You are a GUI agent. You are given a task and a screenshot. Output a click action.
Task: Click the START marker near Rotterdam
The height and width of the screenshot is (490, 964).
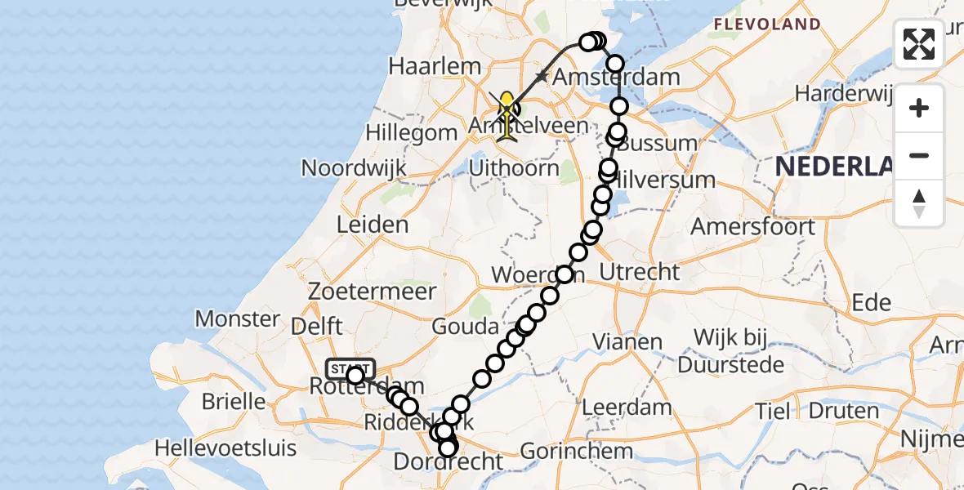350,369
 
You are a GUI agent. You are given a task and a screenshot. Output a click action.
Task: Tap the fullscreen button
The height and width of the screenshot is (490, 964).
919,44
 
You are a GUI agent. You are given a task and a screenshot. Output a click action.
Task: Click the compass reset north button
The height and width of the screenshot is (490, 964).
919,203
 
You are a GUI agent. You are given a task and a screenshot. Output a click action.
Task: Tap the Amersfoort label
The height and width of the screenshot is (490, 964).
752,226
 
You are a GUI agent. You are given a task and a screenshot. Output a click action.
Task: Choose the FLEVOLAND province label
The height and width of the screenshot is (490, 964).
767,24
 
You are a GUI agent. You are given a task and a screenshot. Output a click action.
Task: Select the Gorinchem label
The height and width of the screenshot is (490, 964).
576,450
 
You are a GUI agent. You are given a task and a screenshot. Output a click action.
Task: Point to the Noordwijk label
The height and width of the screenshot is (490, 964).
354,168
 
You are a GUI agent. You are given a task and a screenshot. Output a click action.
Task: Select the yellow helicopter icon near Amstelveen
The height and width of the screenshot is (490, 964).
507,114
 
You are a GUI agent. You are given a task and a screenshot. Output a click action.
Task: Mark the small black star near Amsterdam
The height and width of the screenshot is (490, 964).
541,77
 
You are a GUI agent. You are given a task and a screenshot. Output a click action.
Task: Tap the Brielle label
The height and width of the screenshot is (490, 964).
235,401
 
